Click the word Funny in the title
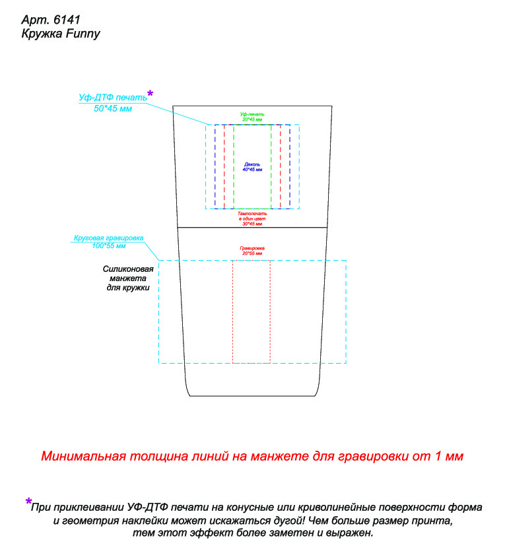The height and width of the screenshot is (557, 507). pyautogui.click(x=83, y=34)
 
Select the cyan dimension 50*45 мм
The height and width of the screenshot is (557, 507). pyautogui.click(x=113, y=108)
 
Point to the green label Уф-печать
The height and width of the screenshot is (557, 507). pyautogui.click(x=252, y=114)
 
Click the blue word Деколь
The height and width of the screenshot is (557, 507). pyautogui.click(x=252, y=164)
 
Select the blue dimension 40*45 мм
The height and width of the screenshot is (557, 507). pyautogui.click(x=252, y=170)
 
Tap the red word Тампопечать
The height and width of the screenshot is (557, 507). pyautogui.click(x=252, y=214)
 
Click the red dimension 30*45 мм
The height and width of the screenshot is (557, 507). pyautogui.click(x=252, y=224)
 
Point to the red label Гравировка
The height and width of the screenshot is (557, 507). pyautogui.click(x=252, y=248)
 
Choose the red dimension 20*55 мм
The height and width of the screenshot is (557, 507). pyautogui.click(x=252, y=253)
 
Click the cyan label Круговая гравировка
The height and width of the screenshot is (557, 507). pyautogui.click(x=108, y=238)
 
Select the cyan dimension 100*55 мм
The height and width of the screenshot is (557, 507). pyautogui.click(x=108, y=246)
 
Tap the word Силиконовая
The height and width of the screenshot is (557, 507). pyautogui.click(x=128, y=269)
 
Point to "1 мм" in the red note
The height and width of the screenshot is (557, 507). pyautogui.click(x=450, y=456)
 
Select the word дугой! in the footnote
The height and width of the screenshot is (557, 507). pyautogui.click(x=287, y=521)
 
